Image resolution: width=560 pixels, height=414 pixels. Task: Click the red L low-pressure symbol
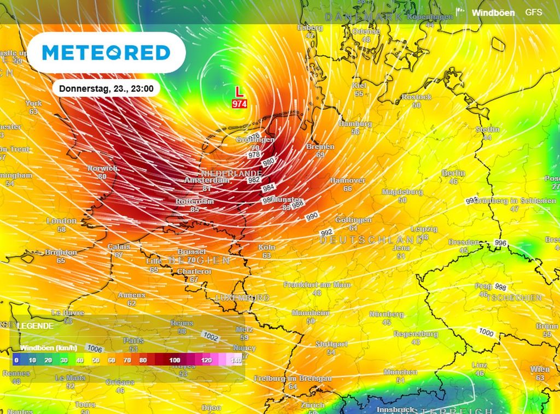(239, 92)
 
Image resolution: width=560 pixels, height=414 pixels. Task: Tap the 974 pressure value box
(239, 103)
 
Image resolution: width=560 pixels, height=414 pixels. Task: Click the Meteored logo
(106, 52)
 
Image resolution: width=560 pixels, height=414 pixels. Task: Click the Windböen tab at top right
(493, 13)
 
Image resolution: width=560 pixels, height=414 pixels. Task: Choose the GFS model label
(534, 12)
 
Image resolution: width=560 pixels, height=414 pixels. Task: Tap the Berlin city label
(453, 173)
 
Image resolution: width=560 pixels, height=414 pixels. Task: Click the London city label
(61, 221)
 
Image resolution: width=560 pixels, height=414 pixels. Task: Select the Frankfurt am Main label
(317, 285)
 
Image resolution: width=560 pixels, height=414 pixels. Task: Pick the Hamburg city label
(355, 124)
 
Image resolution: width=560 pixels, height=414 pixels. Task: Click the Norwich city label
(102, 168)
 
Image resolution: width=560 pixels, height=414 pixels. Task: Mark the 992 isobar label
(326, 233)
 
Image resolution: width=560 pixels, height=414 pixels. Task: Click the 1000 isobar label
(486, 332)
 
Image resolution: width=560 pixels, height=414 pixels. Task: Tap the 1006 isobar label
(95, 348)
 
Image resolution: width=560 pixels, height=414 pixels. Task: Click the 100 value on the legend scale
(175, 360)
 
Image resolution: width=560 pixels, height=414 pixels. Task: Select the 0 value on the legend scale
(16, 360)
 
